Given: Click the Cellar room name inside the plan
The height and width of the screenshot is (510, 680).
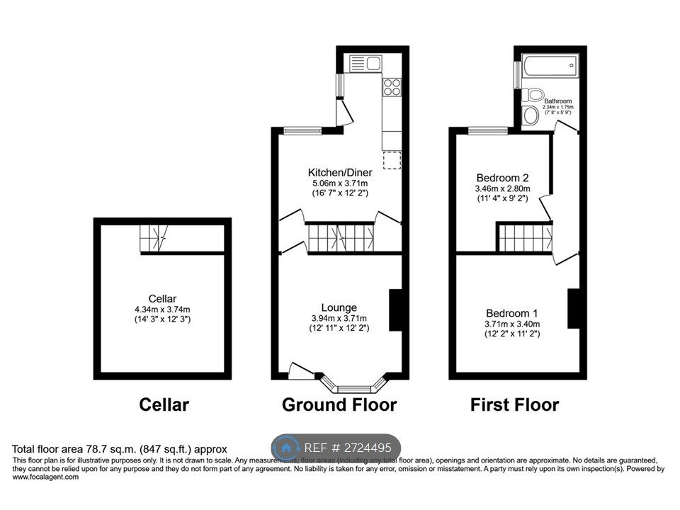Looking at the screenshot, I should pos(162,298).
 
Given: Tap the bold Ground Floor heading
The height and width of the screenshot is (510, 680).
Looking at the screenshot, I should pos(339,405).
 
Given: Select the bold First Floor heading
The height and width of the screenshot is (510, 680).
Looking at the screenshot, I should pos(514,405).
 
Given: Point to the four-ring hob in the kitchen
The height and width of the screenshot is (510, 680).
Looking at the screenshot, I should pos(392,87).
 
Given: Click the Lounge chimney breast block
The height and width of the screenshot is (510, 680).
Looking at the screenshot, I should pos(396,310).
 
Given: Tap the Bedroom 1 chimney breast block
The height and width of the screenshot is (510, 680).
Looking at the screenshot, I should pos(574,309).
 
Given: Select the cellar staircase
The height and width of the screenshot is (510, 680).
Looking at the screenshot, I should pos(152,238).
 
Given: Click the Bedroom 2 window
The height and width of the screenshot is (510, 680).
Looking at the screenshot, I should pos(489,130).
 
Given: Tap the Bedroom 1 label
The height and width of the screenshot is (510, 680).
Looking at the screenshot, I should pos(512,313).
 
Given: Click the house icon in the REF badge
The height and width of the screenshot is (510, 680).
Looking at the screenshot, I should pos(286,448).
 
